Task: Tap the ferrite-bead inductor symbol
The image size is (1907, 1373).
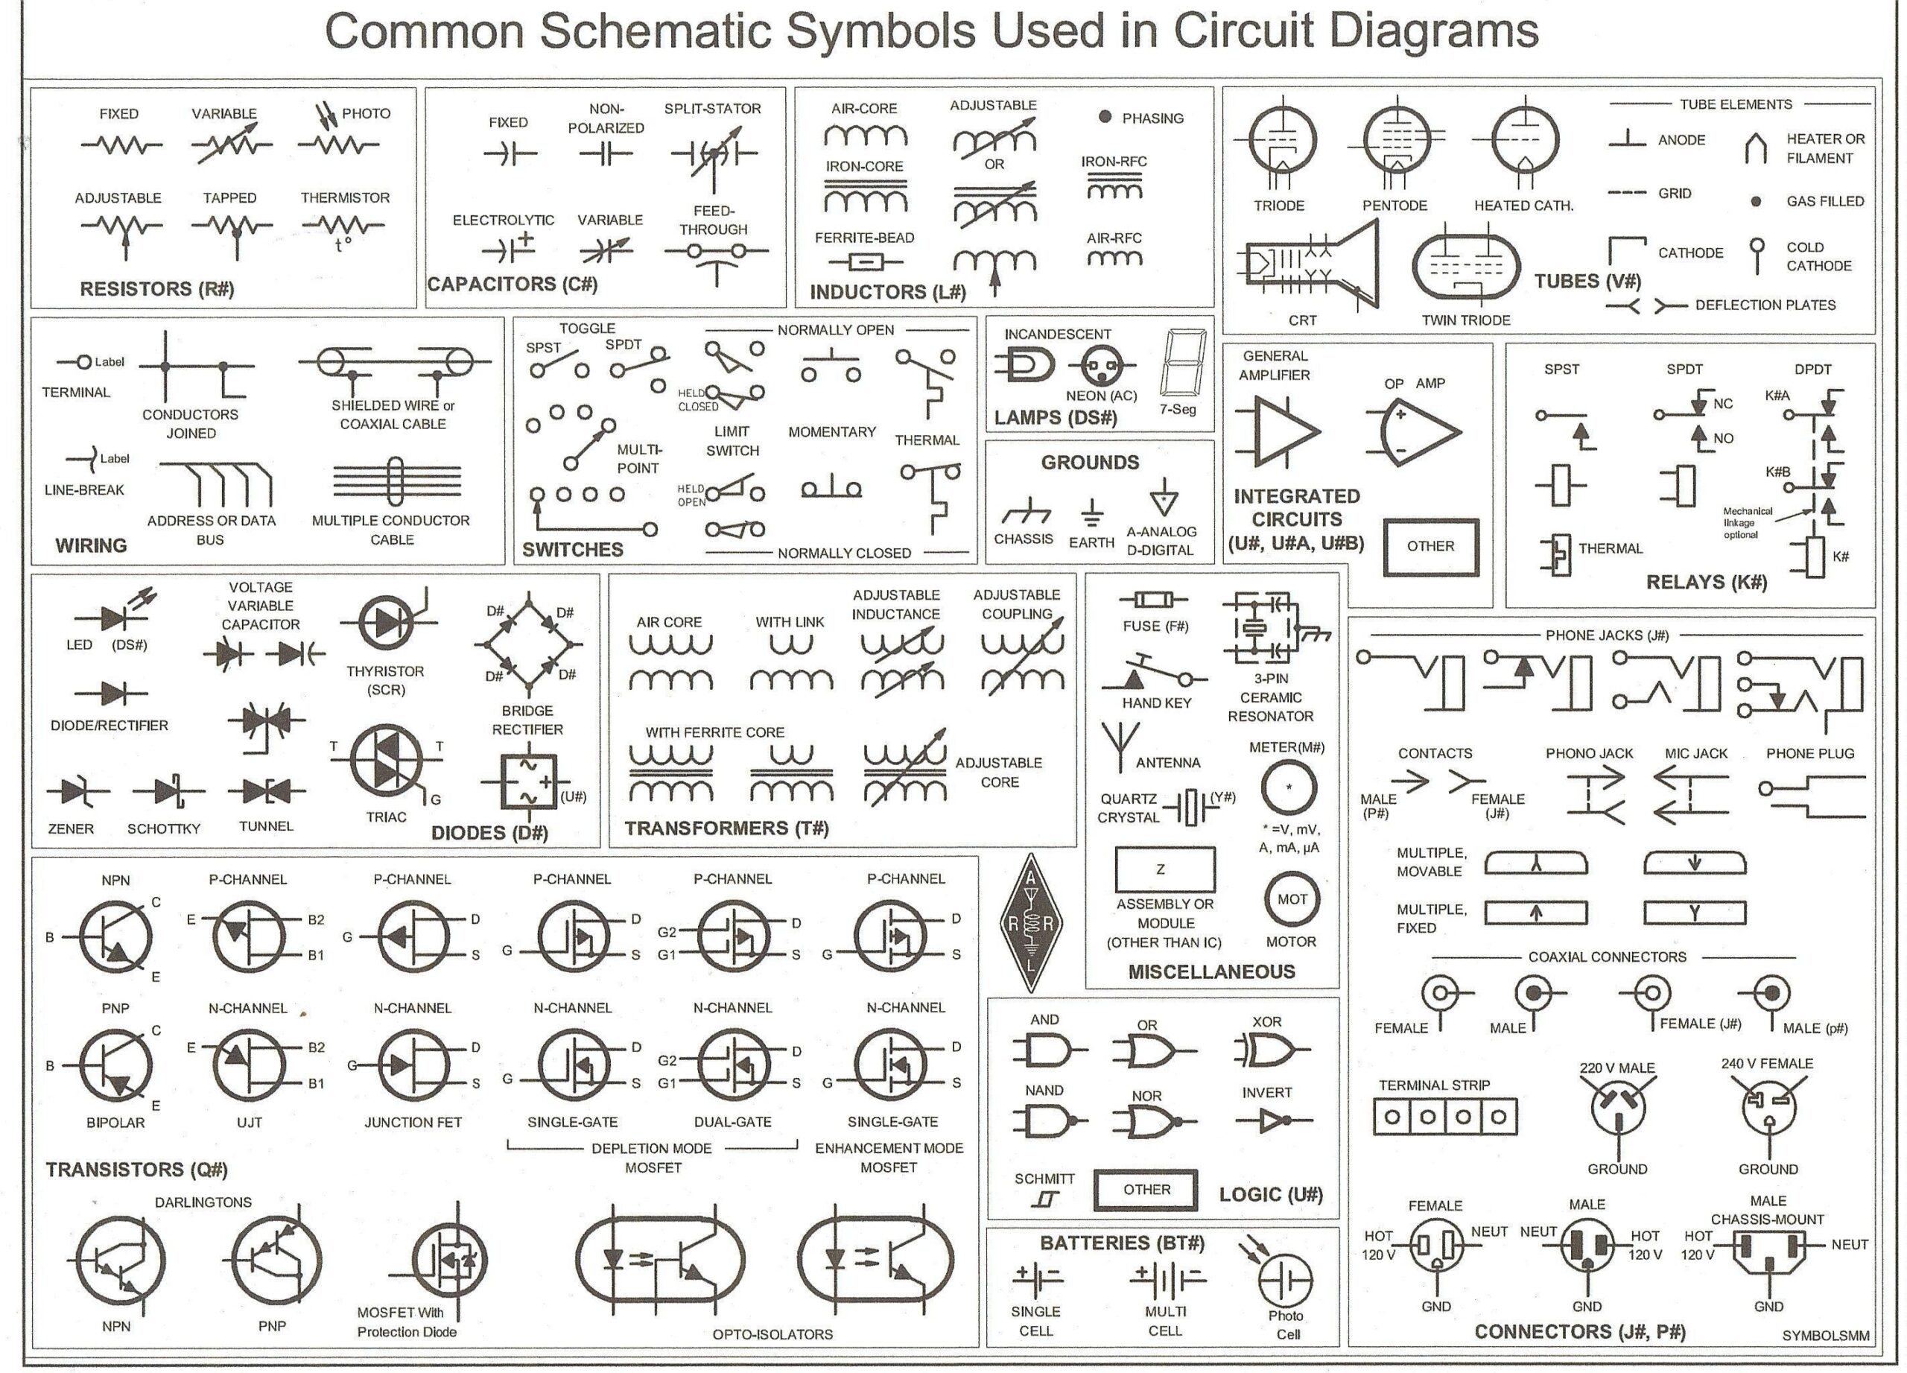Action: click(863, 261)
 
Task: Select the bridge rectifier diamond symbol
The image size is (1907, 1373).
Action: click(528, 644)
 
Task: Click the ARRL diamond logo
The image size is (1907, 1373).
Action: click(1031, 923)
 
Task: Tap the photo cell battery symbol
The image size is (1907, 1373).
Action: click(1285, 1281)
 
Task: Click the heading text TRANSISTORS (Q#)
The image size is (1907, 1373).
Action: click(136, 1170)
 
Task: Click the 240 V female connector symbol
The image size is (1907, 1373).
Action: click(1768, 1107)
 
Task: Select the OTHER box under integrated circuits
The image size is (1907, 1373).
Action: click(1430, 547)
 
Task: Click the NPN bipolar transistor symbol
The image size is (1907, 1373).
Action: click(116, 936)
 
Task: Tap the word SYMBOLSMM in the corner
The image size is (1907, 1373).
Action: click(1826, 1336)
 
